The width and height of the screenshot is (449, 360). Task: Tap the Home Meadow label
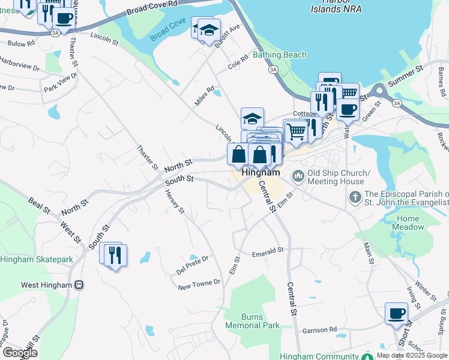click(408, 223)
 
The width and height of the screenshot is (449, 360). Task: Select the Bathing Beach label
click(279, 55)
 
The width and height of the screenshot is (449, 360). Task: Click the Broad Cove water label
click(168, 30)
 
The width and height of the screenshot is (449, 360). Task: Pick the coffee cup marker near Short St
click(396, 314)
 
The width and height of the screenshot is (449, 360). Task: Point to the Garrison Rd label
click(319, 329)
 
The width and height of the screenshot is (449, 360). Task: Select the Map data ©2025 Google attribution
click(412, 355)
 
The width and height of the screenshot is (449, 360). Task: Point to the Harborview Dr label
click(19, 64)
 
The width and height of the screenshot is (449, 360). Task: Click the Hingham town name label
click(261, 172)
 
